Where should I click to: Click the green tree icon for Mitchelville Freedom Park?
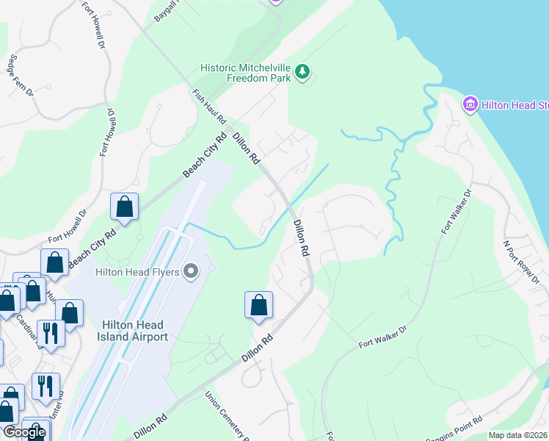tap(303, 72)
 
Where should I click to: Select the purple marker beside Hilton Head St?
tap(470, 104)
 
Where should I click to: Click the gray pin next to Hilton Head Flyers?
tap(191, 272)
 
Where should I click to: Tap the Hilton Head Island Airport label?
tap(135, 331)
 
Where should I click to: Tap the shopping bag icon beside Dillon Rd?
tap(258, 306)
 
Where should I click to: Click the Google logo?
tap(24, 432)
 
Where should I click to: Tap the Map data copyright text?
tap(517, 435)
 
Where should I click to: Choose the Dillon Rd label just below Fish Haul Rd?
tap(247, 147)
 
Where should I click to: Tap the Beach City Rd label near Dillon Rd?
tap(205, 155)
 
